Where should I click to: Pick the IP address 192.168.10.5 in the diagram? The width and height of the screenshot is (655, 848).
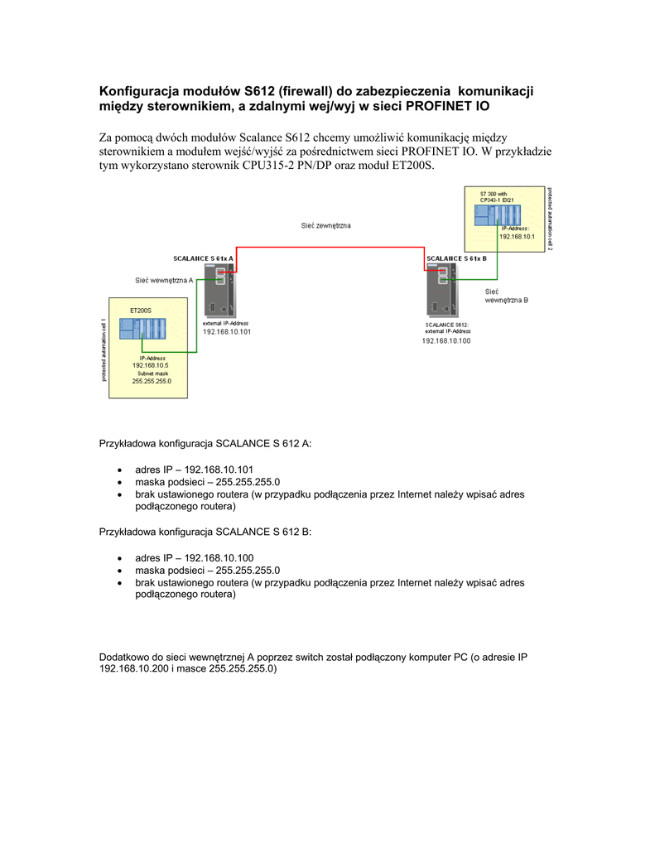151,365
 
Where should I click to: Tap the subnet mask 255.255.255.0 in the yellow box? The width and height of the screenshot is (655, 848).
152,381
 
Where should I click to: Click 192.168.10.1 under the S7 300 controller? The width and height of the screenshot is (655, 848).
517,236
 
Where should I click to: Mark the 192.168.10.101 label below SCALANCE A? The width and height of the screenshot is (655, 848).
227,331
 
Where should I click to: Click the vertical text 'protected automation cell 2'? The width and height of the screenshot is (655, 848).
550,219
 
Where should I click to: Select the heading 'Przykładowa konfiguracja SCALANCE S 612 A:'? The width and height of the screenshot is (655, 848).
205,443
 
